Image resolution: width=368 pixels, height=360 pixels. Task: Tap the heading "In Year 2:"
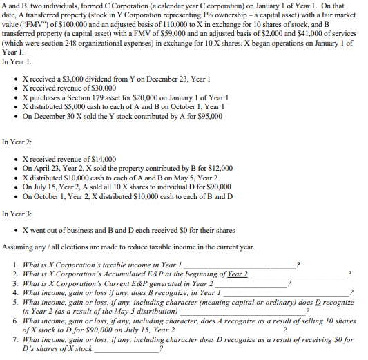pos(17,141)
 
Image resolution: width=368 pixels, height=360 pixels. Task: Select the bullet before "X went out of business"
pos(16,230)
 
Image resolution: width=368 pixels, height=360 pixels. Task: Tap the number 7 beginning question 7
pos(15,339)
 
